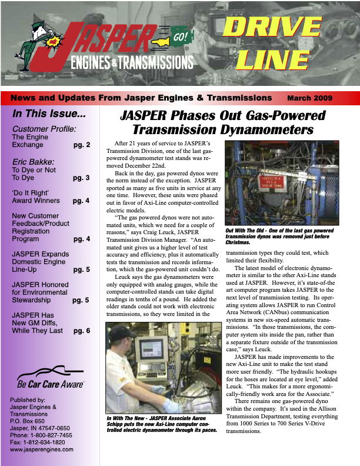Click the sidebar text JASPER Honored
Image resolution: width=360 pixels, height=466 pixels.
[41, 285]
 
